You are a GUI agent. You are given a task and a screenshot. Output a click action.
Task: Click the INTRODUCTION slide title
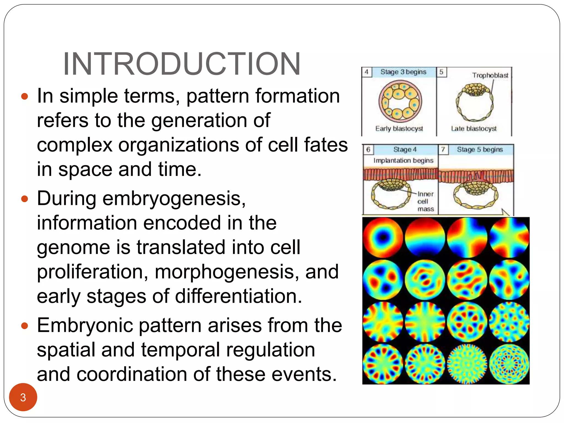tap(182, 64)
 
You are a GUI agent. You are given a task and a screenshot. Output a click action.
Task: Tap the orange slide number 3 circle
tap(23, 397)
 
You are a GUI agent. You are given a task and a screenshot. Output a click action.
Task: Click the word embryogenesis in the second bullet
tap(173, 198)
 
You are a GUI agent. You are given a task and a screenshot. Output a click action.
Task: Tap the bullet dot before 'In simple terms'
tap(25, 96)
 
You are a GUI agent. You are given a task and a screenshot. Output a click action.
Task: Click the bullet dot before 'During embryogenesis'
tap(25, 199)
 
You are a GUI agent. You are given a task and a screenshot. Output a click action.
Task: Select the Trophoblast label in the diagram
tap(490, 75)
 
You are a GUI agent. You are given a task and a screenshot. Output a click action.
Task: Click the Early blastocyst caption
tap(399, 129)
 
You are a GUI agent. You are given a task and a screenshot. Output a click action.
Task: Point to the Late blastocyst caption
tap(474, 129)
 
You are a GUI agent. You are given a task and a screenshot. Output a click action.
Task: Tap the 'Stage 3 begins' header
tap(403, 72)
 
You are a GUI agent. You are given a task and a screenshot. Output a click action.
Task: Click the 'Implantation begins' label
tap(403, 160)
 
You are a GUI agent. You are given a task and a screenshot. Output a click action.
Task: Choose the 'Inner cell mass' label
tap(425, 201)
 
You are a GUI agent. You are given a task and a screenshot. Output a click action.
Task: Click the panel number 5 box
tap(441, 72)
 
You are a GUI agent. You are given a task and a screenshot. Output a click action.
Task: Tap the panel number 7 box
tap(443, 150)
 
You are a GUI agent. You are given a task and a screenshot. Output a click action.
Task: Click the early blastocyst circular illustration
tap(400, 101)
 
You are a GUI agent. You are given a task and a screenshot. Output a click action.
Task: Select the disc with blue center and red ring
tap(383, 237)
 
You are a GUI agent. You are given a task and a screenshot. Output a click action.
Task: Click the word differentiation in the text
tap(238, 296)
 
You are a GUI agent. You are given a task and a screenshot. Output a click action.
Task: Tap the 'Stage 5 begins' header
tap(480, 150)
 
